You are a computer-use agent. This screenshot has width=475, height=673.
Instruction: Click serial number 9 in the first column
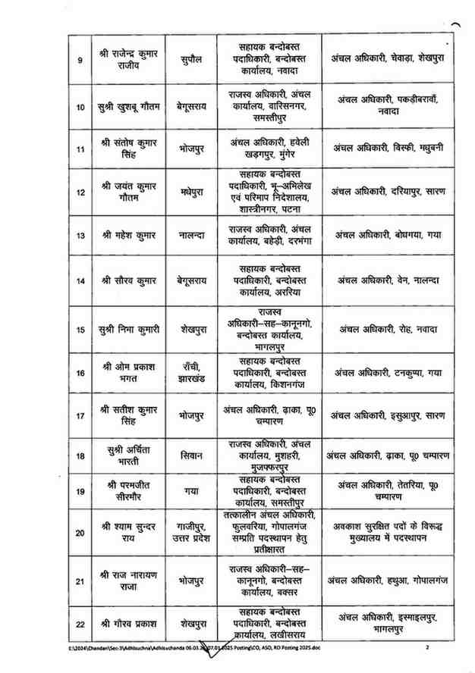pos(80,59)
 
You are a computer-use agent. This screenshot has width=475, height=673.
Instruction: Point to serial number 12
pos(80,192)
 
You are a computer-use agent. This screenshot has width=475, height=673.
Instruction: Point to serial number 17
pos(80,416)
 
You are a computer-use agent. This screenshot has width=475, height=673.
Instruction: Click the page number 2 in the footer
pos(427,648)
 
